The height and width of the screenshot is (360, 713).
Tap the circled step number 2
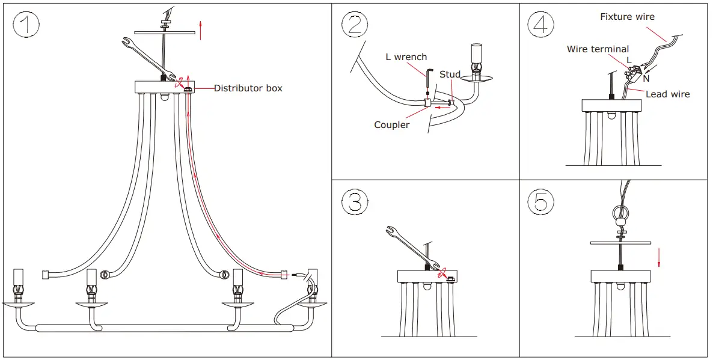pyautogui.click(x=355, y=25)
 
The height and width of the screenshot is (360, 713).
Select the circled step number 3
pyautogui.click(x=355, y=202)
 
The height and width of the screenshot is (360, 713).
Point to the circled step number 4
pyautogui.click(x=541, y=25)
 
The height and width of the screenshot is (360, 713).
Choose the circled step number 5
pyautogui.click(x=541, y=202)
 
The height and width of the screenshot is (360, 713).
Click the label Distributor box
pyautogui.click(x=248, y=88)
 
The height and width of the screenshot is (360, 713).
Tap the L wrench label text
pyautogui.click(x=406, y=57)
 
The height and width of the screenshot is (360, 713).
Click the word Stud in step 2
pyautogui.click(x=450, y=75)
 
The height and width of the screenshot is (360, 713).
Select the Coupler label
pyautogui.click(x=391, y=125)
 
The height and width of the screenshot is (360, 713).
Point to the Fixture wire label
pyautogui.click(x=627, y=17)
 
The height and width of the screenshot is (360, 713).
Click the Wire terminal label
pyautogui.click(x=598, y=49)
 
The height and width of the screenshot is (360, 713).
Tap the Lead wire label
pyautogui.click(x=667, y=94)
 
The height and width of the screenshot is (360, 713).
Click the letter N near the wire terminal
pyautogui.click(x=646, y=78)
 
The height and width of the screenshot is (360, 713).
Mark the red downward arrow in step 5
pyautogui.click(x=659, y=257)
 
